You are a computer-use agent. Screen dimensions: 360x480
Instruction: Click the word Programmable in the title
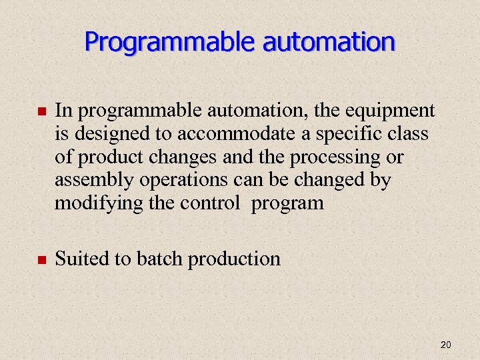click(x=170, y=42)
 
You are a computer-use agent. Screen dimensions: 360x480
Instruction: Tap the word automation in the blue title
click(x=329, y=42)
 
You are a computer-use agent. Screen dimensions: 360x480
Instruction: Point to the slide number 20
click(x=446, y=345)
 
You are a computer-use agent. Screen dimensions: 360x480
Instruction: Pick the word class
click(x=409, y=133)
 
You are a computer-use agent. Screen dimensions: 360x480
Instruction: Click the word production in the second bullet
click(x=235, y=259)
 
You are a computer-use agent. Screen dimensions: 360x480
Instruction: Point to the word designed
click(x=105, y=134)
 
